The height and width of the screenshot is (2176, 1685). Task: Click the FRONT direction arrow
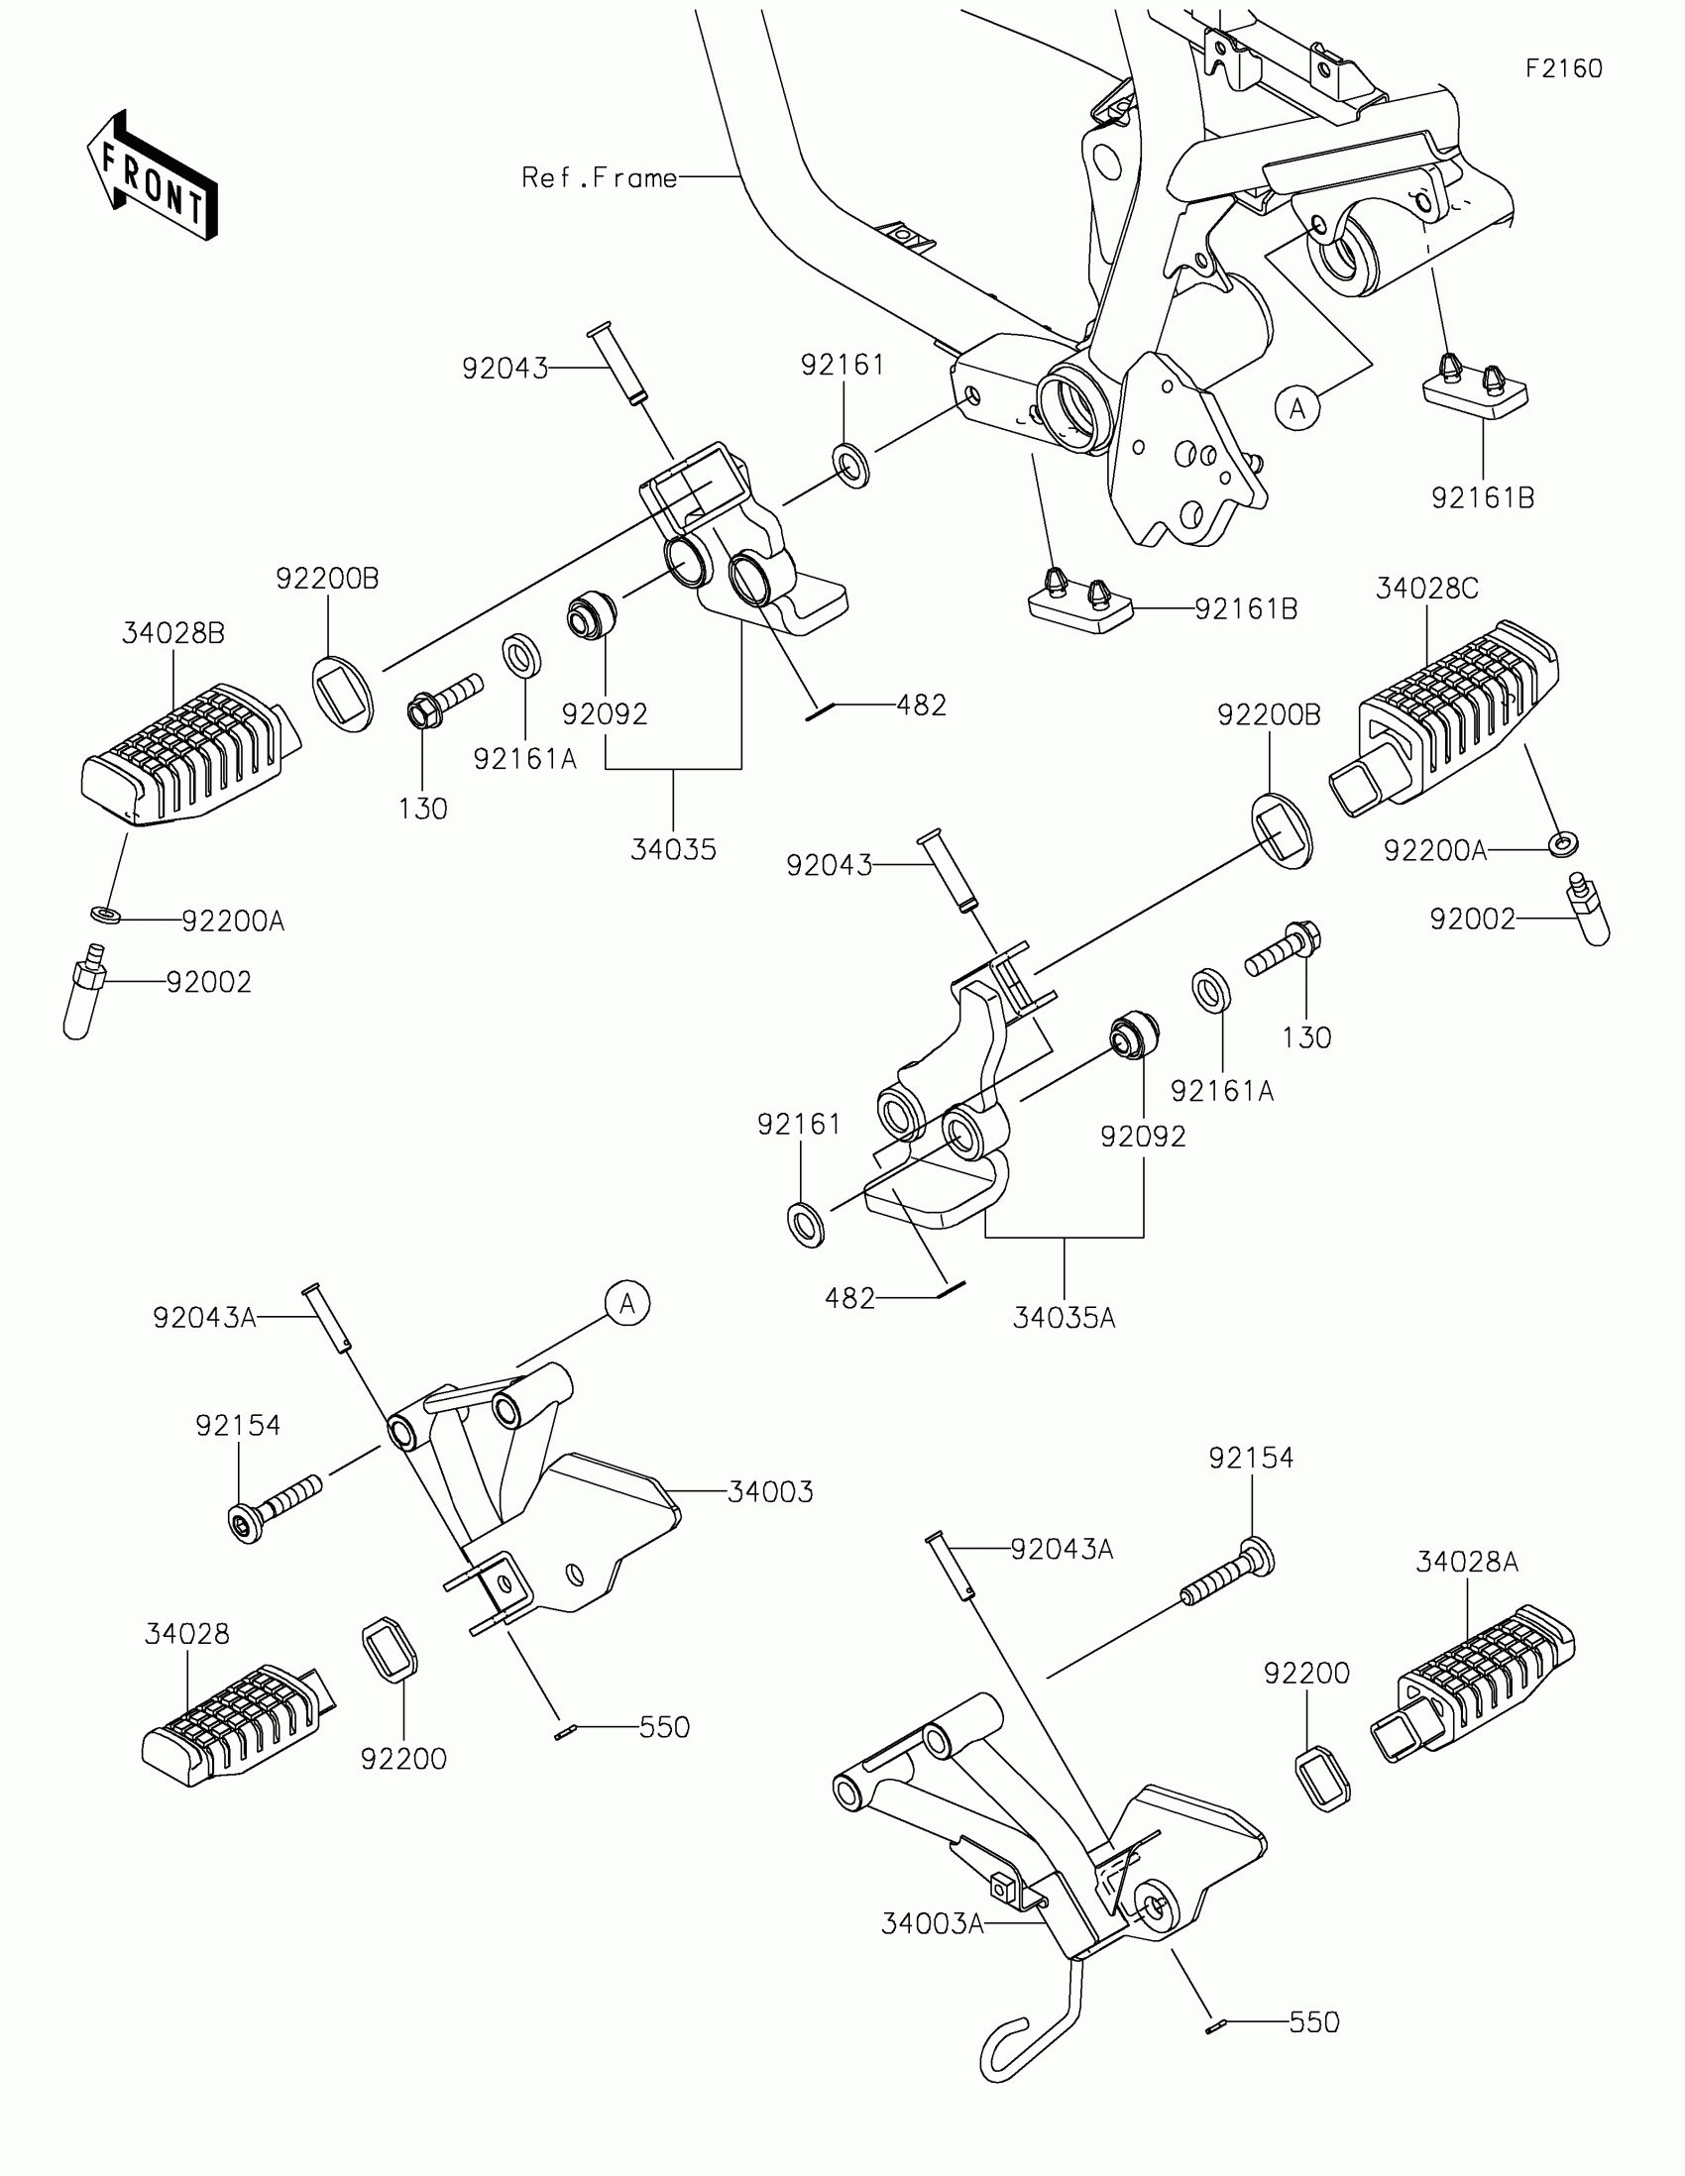click(153, 175)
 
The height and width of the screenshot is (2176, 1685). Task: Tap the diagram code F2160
click(1563, 68)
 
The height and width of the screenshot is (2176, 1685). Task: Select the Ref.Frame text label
click(599, 178)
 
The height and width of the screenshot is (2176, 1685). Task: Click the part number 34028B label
click(173, 633)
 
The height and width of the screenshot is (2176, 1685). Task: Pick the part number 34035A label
click(1064, 1319)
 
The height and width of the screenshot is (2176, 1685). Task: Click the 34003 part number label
click(770, 1492)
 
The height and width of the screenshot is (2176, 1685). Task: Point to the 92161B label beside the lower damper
click(1246, 609)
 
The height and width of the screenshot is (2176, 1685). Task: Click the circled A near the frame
click(1297, 408)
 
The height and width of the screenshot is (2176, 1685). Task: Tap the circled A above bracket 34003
click(626, 1303)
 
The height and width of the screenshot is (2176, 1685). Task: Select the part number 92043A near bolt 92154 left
click(204, 1318)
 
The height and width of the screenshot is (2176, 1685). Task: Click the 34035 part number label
click(674, 850)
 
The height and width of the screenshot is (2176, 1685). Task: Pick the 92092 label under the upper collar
click(604, 714)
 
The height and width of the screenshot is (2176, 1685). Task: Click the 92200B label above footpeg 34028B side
click(328, 580)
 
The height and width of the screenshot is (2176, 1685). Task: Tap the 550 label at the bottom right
click(1314, 2042)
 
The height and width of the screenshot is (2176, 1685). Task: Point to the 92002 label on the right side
click(1472, 919)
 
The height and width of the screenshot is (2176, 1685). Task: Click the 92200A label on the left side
click(233, 922)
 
